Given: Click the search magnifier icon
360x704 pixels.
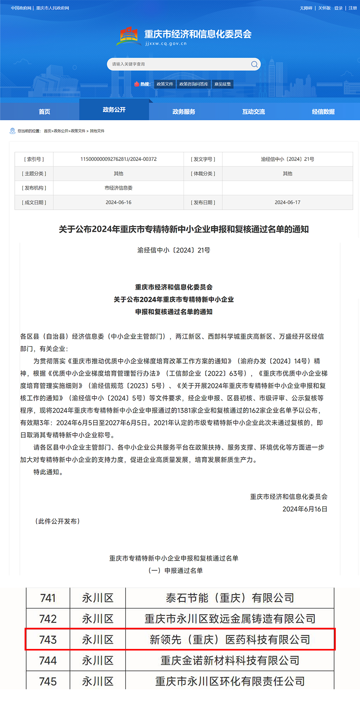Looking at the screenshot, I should click(x=254, y=64).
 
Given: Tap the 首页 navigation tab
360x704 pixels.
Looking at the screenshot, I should click(x=44, y=112).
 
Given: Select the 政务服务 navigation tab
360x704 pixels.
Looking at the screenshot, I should click(x=184, y=112).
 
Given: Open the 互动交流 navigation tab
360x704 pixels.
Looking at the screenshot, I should click(x=253, y=112).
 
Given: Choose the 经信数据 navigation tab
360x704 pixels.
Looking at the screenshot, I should click(x=323, y=112).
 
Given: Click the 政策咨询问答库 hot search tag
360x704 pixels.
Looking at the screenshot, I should click(x=194, y=84).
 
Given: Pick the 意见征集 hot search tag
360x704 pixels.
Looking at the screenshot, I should click(x=222, y=84).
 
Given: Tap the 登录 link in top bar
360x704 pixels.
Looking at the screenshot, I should click(x=338, y=8).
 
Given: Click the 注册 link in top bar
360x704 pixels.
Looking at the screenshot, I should click(x=352, y=8).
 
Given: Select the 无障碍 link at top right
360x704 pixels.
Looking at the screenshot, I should click(x=306, y=8).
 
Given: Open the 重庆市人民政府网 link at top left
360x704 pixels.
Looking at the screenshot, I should click(x=53, y=8).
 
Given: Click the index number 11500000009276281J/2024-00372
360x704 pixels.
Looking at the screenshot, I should click(x=118, y=159).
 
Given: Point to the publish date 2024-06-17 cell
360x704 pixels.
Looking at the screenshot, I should click(x=287, y=202).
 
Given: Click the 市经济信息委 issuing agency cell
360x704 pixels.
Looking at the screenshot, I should click(x=118, y=188).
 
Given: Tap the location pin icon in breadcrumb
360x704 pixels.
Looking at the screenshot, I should click(x=13, y=131).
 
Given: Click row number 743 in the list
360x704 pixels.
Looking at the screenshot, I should click(x=48, y=640).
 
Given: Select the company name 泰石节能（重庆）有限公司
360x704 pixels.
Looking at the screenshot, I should click(x=230, y=598).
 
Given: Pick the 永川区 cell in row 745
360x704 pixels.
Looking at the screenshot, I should click(x=98, y=681).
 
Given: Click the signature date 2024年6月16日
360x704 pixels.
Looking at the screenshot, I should click(x=305, y=509).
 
